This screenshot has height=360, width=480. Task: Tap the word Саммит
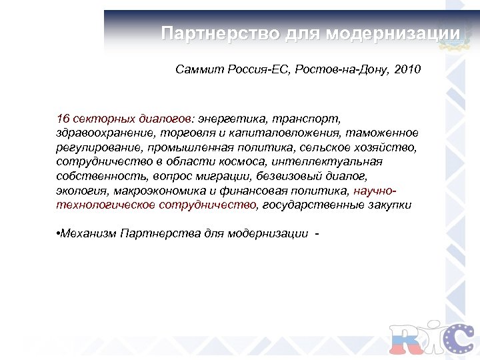pyautogui.click(x=197, y=69)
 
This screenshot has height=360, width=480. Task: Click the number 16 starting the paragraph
pyautogui.click(x=63, y=119)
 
